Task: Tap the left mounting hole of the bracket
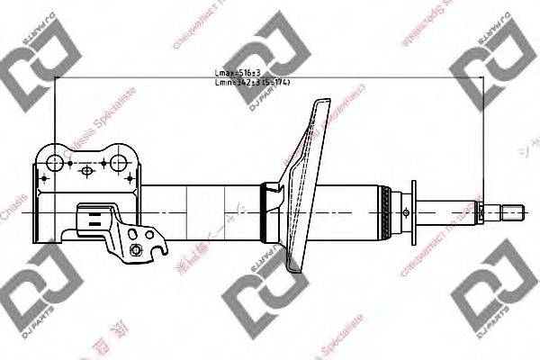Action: pyautogui.click(x=55, y=164)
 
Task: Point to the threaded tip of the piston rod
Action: pyautogui.click(x=512, y=214)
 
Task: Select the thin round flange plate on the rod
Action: pyautogui.click(x=413, y=212)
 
